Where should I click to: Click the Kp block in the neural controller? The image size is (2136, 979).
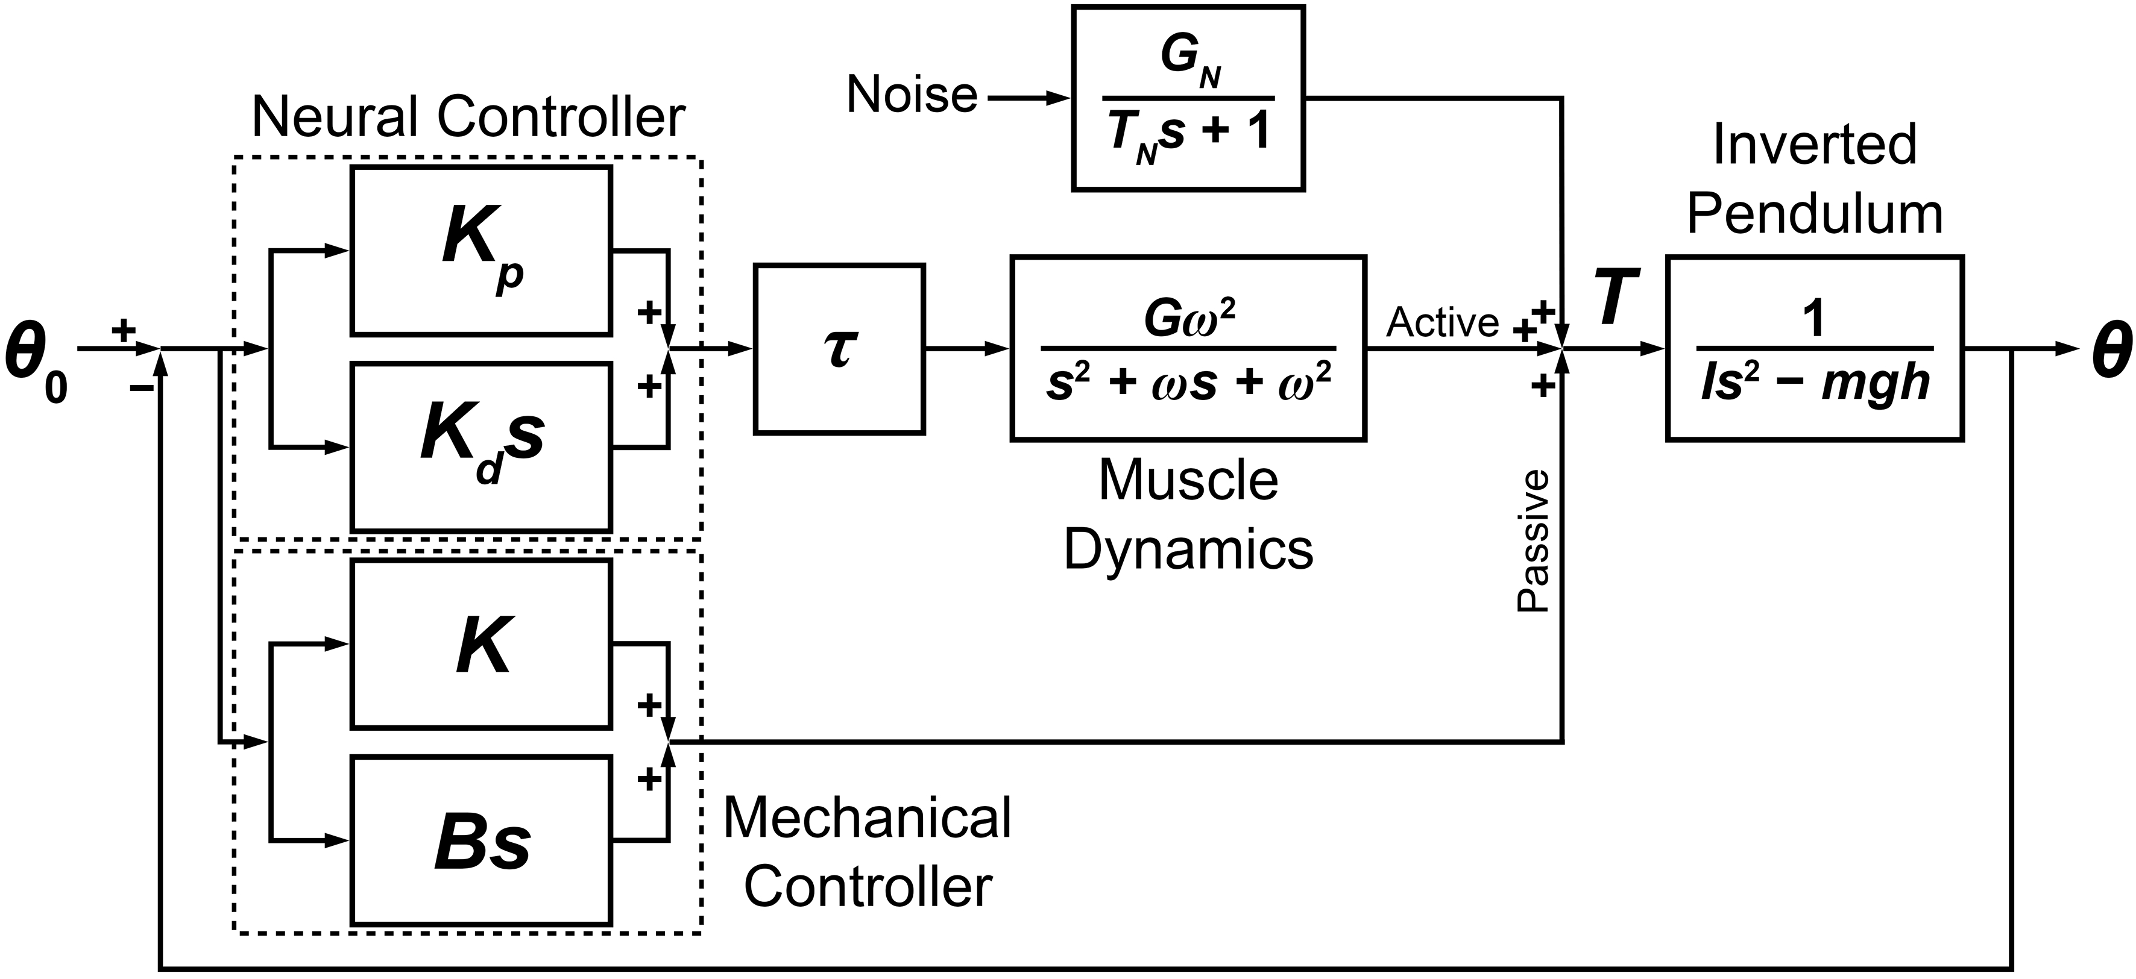coord(481,251)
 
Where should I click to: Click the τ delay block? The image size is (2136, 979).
coord(839,349)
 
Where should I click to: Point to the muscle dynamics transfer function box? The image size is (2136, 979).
coord(1188,348)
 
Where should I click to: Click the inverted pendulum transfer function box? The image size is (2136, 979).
coord(1814,348)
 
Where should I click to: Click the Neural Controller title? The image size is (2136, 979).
coord(468,117)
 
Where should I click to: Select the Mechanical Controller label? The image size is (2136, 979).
coord(868,851)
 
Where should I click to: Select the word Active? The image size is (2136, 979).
coord(1442,322)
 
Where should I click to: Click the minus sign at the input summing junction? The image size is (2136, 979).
coord(141,388)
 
